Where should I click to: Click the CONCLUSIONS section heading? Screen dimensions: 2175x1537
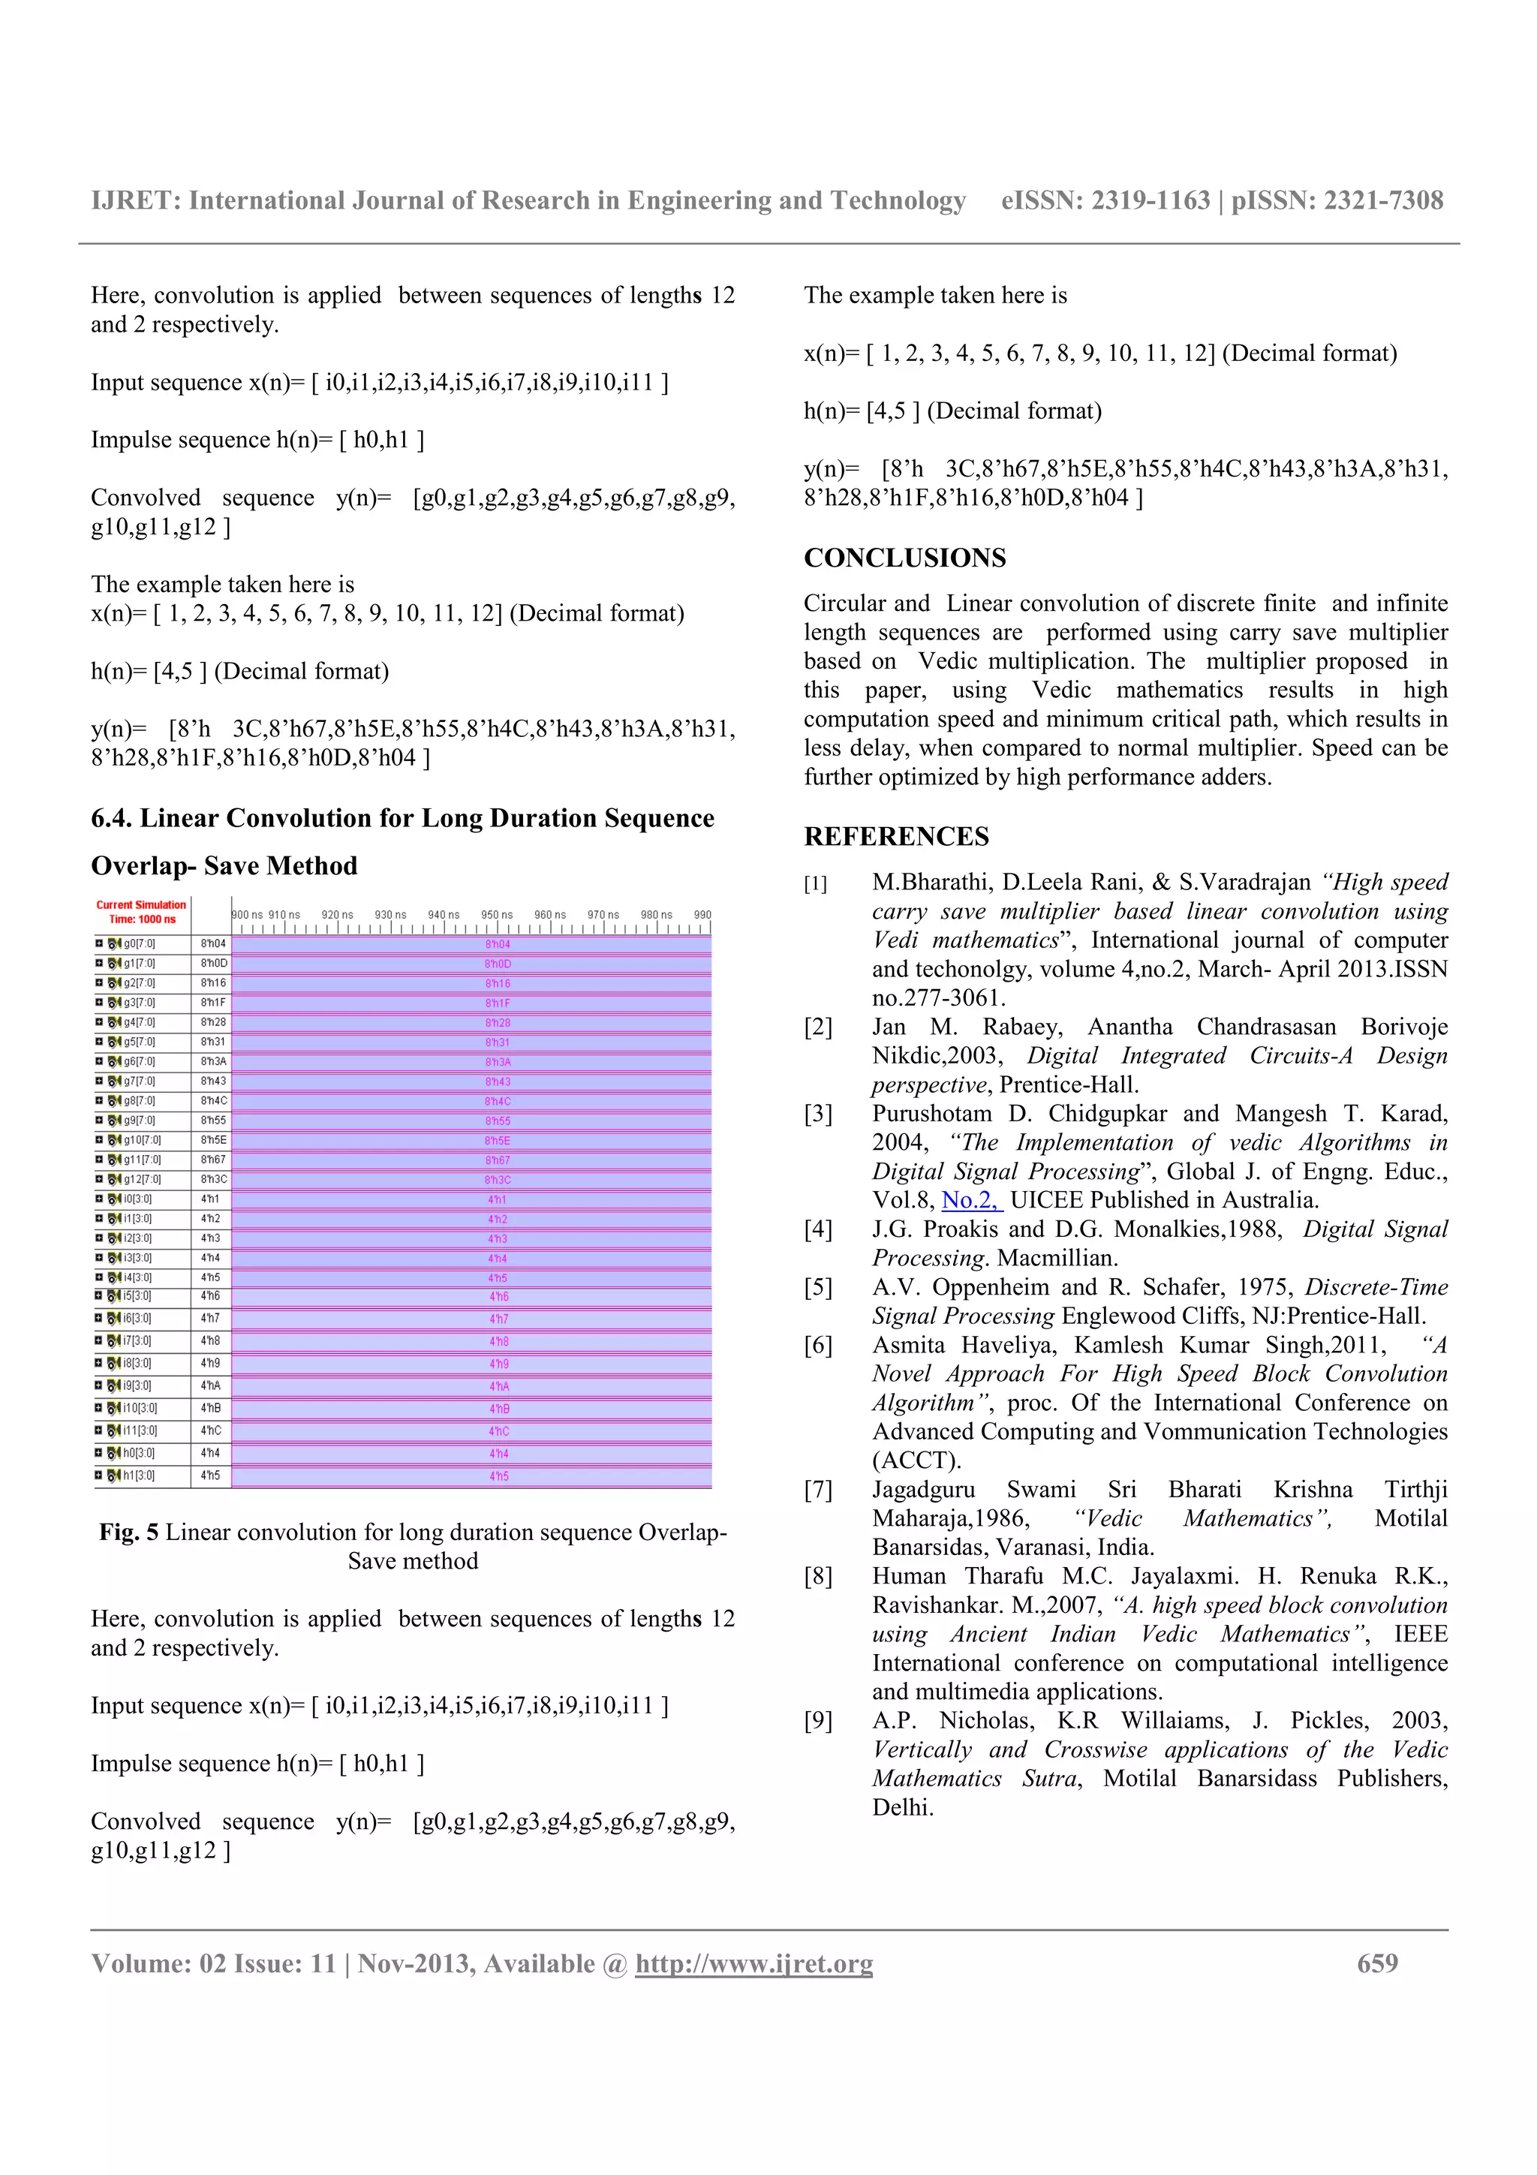[x=904, y=558]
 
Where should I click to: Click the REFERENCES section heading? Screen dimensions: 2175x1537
[x=896, y=837]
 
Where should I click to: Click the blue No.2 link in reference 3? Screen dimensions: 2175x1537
[x=970, y=1200]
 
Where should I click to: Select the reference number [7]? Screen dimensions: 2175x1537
[x=818, y=1490]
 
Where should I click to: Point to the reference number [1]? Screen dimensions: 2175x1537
[x=815, y=884]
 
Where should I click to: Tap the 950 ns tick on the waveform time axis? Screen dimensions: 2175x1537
[x=496, y=915]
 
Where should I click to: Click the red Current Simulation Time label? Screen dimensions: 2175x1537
[x=141, y=911]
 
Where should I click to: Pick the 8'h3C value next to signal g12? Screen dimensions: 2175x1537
[x=213, y=1179]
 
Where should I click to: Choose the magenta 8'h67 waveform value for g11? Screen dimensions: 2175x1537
[x=497, y=1160]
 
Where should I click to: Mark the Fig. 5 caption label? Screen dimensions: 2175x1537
[x=129, y=1533]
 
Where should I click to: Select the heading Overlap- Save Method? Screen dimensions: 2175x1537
[x=224, y=866]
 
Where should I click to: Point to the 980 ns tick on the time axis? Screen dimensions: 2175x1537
[x=656, y=915]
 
